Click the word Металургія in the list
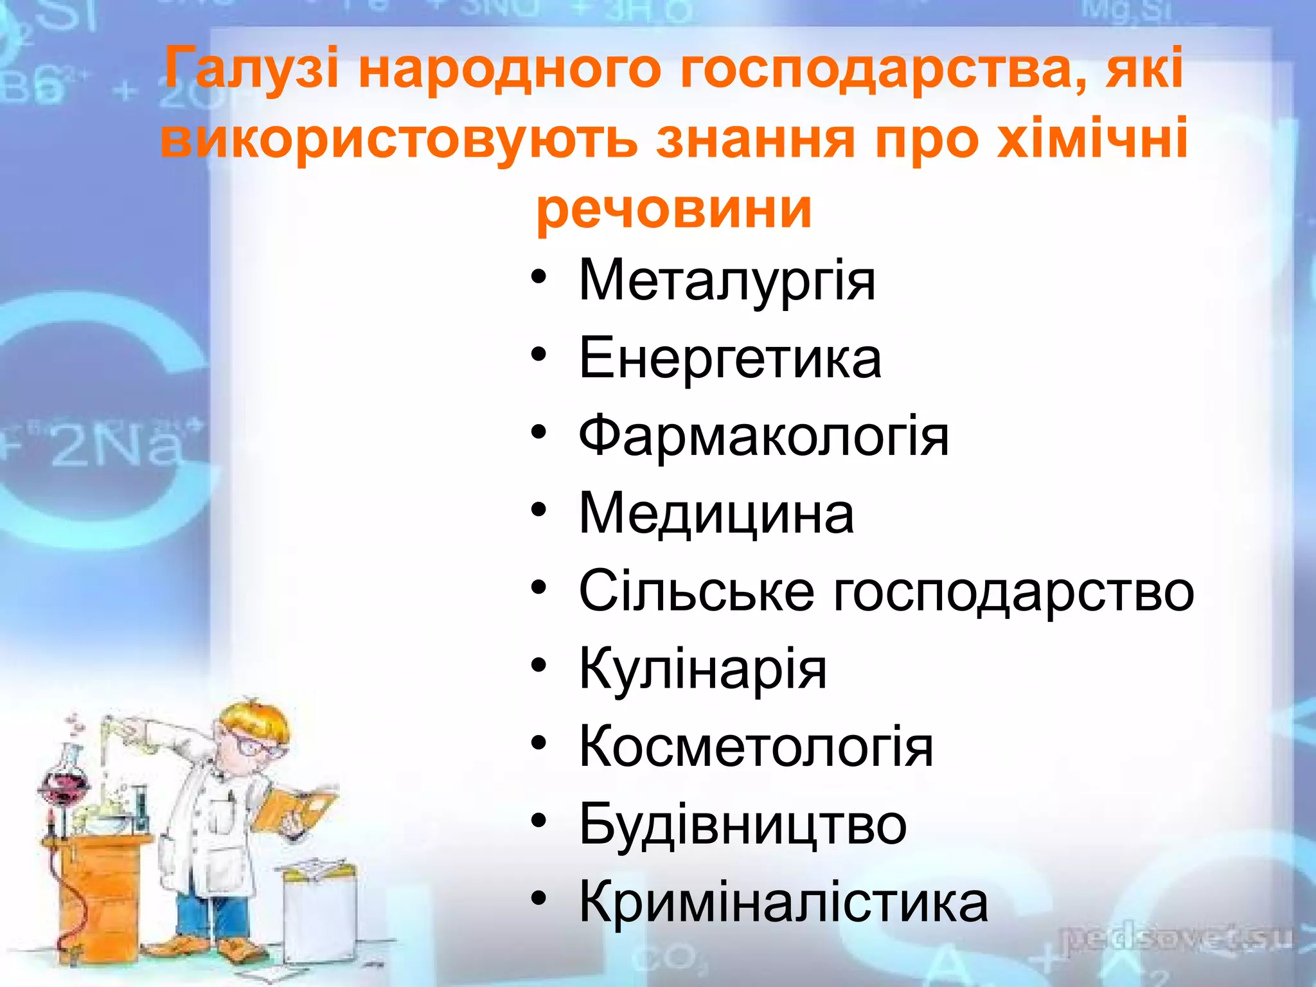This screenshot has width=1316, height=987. (727, 281)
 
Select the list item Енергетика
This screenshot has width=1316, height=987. (729, 359)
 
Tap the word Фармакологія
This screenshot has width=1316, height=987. (763, 436)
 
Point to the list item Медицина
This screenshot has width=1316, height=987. (716, 514)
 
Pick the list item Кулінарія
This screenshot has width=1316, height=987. (702, 669)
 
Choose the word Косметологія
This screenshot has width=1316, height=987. (756, 747)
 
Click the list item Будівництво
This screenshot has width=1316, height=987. (742, 824)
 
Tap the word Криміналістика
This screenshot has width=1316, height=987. (783, 902)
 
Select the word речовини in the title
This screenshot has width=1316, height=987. (673, 208)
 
